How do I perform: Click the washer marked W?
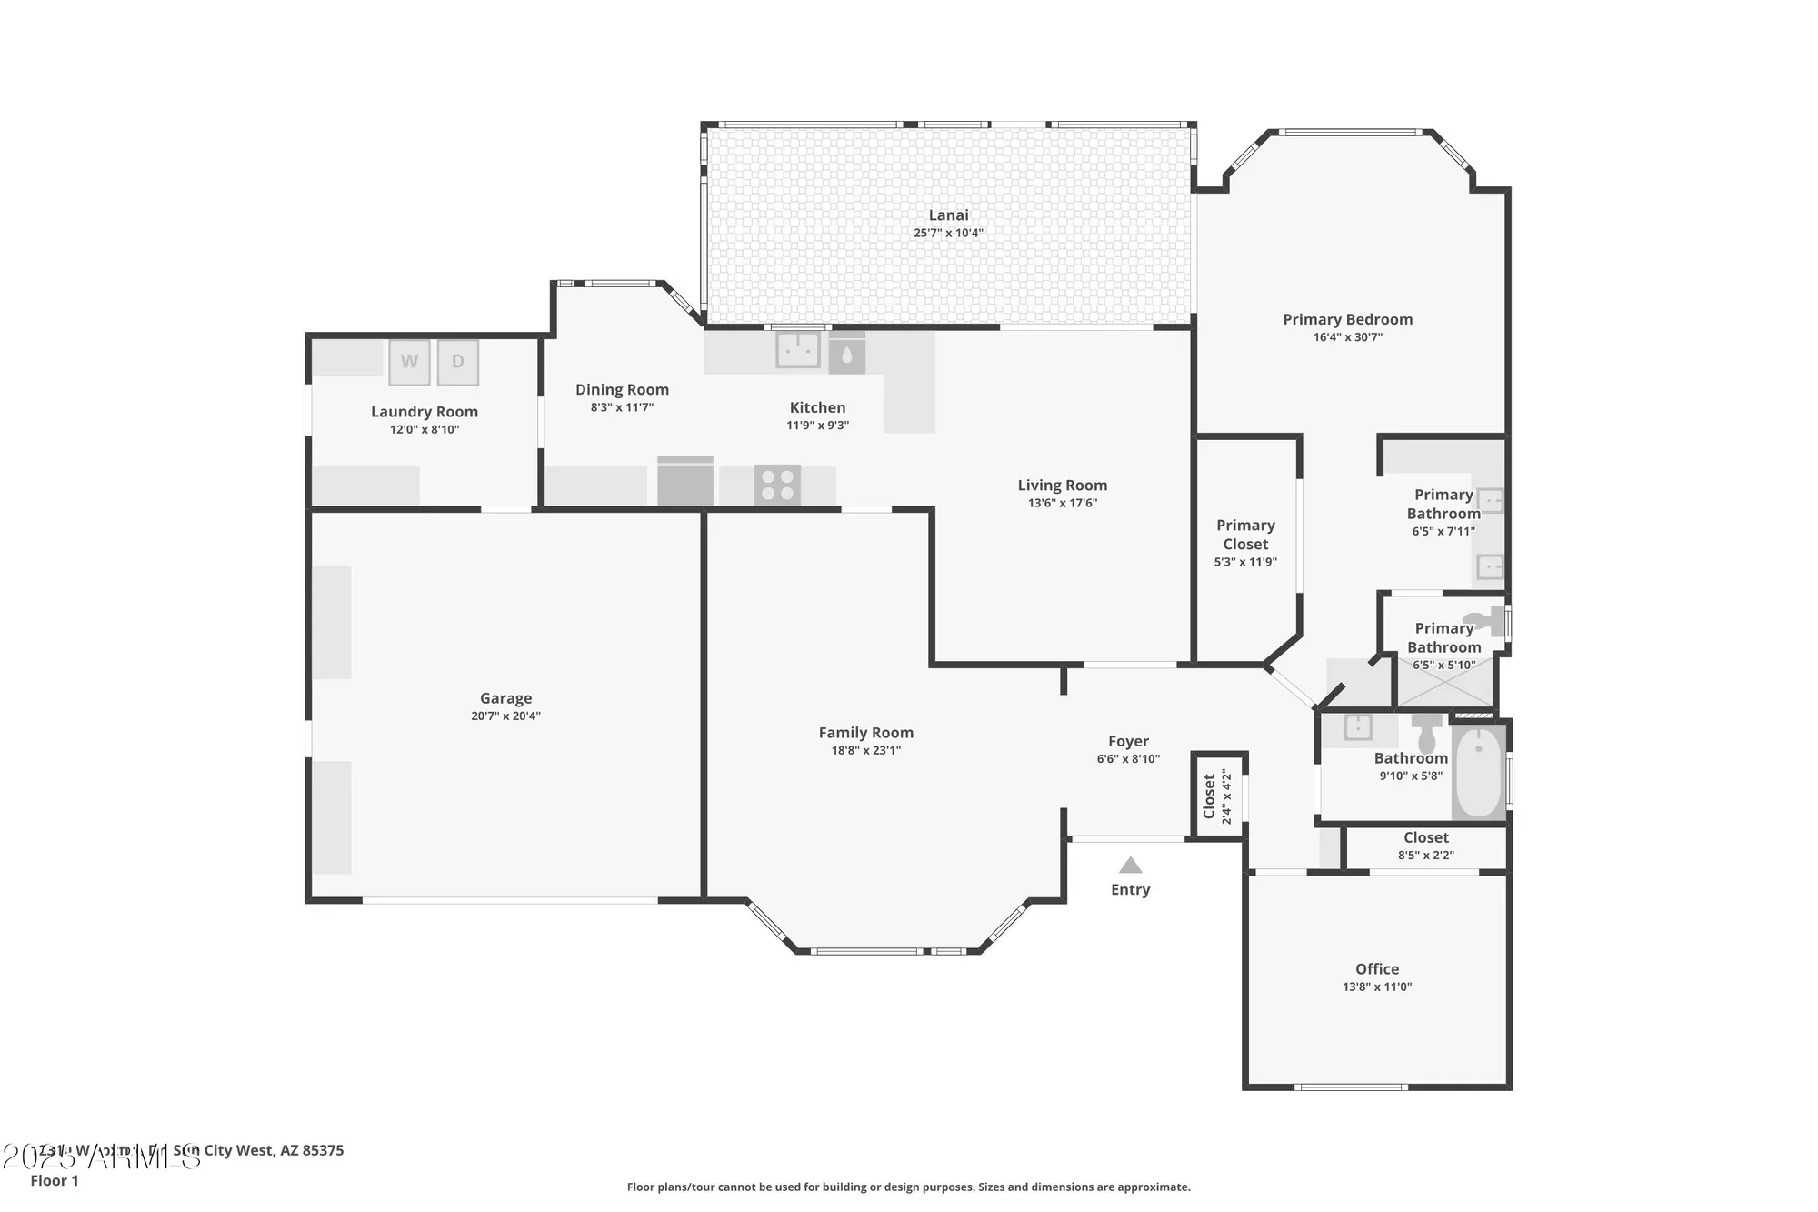(x=409, y=362)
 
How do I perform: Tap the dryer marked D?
(x=458, y=362)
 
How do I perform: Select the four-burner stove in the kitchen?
(x=777, y=484)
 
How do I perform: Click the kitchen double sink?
(x=797, y=349)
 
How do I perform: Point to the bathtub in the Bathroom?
(x=1479, y=772)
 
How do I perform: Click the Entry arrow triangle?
(x=1130, y=865)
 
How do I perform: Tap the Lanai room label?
(x=948, y=215)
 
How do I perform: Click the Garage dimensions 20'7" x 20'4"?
(x=505, y=716)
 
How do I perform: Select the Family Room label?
(x=865, y=733)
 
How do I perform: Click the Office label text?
(x=1377, y=969)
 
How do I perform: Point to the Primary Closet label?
(x=1245, y=535)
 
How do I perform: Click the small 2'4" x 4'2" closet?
(x=1217, y=796)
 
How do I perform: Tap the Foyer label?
(x=1128, y=742)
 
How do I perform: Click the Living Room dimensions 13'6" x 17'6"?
(x=1062, y=504)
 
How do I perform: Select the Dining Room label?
(x=622, y=390)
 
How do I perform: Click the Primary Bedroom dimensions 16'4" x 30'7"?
(x=1347, y=337)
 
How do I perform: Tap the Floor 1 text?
(x=55, y=1180)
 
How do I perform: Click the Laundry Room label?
(x=425, y=412)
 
